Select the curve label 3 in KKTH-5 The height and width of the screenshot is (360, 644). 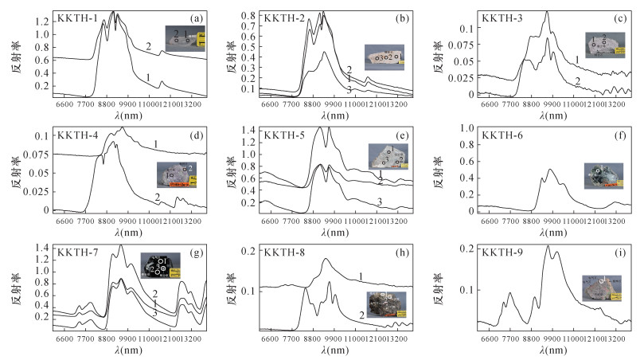click(x=381, y=202)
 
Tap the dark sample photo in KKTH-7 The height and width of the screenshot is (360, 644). click(x=156, y=266)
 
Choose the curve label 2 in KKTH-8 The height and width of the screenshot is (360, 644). click(x=362, y=316)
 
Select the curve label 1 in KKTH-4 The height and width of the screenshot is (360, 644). click(x=156, y=143)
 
